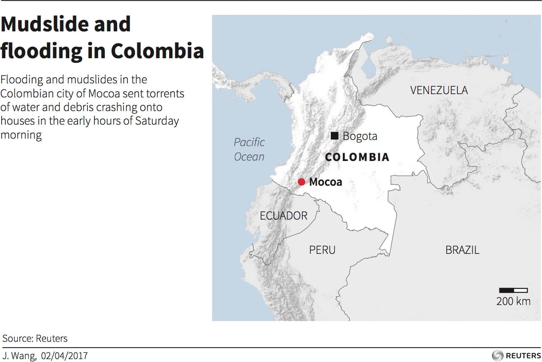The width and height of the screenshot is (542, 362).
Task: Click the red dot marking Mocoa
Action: [302, 182]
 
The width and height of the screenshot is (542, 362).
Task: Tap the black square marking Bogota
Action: [335, 135]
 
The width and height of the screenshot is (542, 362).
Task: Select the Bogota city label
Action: [360, 136]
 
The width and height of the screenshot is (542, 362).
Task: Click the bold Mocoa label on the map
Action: [325, 182]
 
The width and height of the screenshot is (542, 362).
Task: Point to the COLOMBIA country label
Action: [357, 157]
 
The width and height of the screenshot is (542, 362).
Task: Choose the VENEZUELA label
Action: [439, 90]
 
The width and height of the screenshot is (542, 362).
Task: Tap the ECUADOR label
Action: [283, 215]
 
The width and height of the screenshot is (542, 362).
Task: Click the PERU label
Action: [322, 250]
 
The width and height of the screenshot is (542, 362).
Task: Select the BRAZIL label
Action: [462, 250]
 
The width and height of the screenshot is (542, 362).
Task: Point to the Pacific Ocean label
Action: [249, 149]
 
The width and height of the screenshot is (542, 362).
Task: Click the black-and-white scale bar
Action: [513, 290]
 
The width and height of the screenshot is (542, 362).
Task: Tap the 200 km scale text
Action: [513, 301]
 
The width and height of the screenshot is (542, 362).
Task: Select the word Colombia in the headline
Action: [157, 51]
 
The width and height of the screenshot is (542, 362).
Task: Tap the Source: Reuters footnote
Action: [35, 338]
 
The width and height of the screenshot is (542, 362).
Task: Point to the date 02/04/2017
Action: [64, 356]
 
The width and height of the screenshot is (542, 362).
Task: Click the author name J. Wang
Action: [19, 356]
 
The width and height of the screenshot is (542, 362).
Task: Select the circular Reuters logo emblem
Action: [497, 355]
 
